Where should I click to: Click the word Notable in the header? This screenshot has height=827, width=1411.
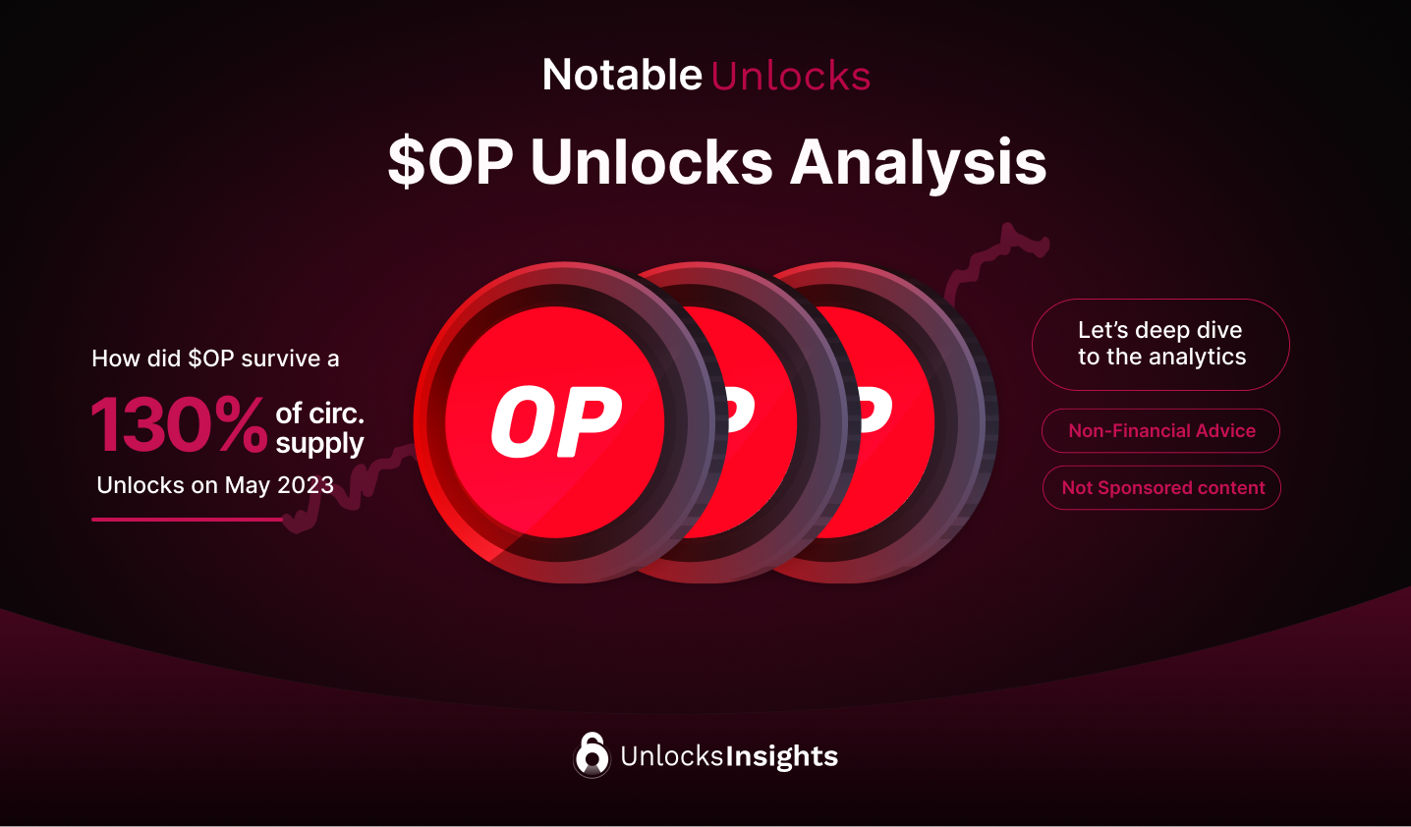(x=622, y=76)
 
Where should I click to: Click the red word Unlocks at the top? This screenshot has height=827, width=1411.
(x=791, y=77)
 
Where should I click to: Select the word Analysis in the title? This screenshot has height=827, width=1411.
(x=919, y=162)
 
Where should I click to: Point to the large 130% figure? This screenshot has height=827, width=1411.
(x=179, y=426)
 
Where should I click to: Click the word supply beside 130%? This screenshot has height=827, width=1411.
(x=319, y=444)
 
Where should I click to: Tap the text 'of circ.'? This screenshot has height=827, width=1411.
(x=319, y=413)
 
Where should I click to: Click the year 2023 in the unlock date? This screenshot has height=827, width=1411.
(x=306, y=485)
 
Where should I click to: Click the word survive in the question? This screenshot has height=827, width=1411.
(x=281, y=358)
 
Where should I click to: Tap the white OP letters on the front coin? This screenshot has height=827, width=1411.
(x=556, y=422)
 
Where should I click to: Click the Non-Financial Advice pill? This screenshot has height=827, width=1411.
(x=1161, y=431)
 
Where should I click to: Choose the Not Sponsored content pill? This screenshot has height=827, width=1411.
(x=1162, y=488)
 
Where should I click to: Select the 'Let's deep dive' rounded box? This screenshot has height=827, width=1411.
(x=1160, y=344)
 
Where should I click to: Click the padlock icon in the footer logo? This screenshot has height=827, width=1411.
(x=592, y=755)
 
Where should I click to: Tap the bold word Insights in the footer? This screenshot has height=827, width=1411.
(x=782, y=756)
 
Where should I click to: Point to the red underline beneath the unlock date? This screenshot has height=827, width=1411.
(x=187, y=520)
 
